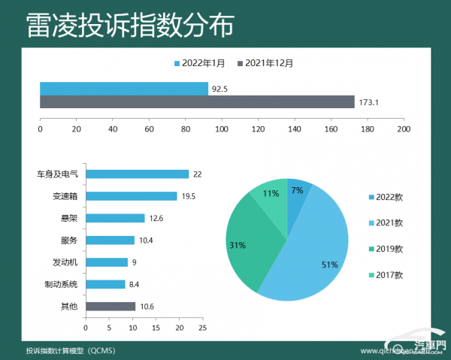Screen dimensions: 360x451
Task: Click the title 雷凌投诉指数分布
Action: (x=129, y=24)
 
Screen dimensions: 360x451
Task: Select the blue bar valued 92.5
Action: (x=123, y=89)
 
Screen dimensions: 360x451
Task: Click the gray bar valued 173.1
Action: (x=196, y=101)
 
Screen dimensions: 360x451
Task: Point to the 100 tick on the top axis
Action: (x=222, y=129)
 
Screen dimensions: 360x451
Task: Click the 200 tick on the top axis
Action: (x=404, y=129)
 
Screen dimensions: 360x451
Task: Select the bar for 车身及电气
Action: (x=137, y=174)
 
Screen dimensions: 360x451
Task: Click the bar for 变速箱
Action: (x=131, y=195)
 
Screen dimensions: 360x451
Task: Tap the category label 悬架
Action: (x=69, y=218)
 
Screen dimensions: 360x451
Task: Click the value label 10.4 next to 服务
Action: (x=147, y=240)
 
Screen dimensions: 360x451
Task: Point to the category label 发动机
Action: (x=65, y=262)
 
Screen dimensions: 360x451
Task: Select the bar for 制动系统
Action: (x=105, y=284)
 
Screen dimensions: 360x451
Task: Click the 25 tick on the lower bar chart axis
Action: (x=202, y=328)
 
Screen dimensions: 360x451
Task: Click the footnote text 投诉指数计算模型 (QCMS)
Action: (x=70, y=350)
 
